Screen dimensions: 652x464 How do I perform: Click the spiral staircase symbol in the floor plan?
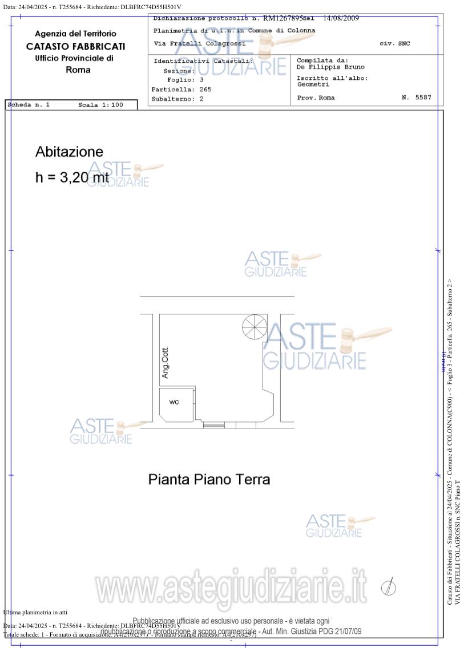(255, 327)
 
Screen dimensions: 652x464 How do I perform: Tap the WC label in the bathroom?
(174, 402)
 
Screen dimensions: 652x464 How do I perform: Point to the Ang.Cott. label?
(166, 363)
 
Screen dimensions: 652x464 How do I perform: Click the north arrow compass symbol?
(389, 586)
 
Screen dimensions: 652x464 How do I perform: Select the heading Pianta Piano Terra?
(209, 479)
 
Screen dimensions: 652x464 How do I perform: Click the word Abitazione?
(69, 152)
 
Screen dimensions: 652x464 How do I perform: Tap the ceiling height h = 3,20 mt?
(71, 177)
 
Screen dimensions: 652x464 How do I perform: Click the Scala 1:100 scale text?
(100, 105)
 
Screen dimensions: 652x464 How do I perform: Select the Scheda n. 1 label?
(29, 105)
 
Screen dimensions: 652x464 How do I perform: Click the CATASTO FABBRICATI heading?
(75, 46)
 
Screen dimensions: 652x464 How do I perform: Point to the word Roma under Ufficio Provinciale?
(78, 70)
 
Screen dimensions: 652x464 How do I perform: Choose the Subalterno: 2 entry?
(177, 99)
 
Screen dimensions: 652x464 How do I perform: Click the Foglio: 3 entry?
(185, 80)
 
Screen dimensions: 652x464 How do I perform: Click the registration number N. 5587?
(416, 98)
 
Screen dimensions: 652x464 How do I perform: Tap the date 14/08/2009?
(341, 18)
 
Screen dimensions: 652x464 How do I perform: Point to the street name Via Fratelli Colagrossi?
(200, 43)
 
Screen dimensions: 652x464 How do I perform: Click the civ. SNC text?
(394, 44)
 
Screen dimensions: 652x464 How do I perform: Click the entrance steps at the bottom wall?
(214, 424)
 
